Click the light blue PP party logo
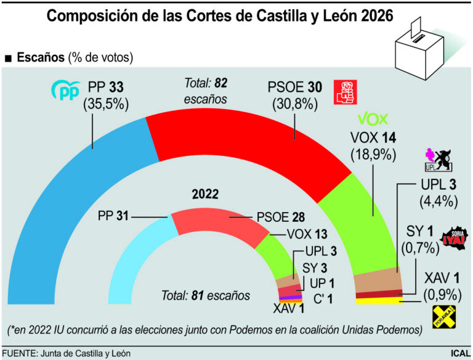pos(65,91)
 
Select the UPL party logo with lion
pos(439,160)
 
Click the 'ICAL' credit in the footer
pos(458,354)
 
